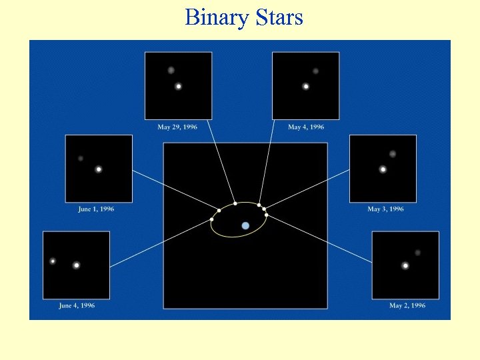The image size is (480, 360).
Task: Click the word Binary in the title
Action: click(x=215, y=17)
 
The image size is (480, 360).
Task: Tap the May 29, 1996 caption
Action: click(x=177, y=127)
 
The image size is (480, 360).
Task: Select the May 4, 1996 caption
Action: click(x=306, y=127)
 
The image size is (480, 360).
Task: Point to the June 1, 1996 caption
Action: click(x=96, y=209)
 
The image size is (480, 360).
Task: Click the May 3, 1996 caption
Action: click(x=385, y=209)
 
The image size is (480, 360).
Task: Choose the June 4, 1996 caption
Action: click(x=77, y=306)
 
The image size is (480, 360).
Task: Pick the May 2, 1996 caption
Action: click(x=407, y=306)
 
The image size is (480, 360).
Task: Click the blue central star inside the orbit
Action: click(x=245, y=226)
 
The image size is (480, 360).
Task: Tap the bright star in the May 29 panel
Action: click(x=179, y=86)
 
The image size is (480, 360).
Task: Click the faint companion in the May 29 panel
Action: click(x=171, y=70)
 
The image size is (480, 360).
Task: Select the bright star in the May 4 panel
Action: click(x=306, y=86)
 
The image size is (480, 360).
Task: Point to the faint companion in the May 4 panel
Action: click(x=315, y=71)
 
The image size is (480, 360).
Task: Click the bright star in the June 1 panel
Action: click(x=99, y=169)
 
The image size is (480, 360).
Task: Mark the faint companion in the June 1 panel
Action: click(x=81, y=159)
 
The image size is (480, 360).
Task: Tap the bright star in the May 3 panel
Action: click(x=383, y=169)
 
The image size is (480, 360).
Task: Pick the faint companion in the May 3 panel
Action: click(x=393, y=154)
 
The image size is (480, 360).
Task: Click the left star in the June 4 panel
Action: click(x=53, y=261)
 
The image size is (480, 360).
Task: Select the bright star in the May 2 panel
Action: click(x=405, y=265)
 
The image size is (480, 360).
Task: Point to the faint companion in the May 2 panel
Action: click(x=417, y=253)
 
